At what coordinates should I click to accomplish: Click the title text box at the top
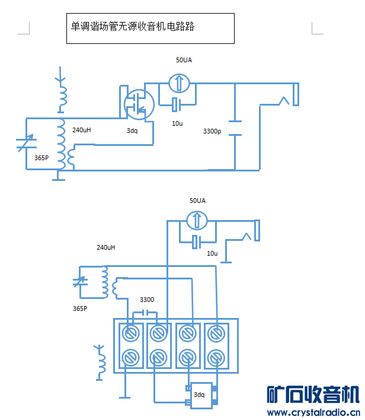point(150,28)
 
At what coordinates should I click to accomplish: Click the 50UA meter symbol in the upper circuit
point(178,82)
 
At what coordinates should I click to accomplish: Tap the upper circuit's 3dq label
point(132,131)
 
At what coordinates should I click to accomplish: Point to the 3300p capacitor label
point(212,131)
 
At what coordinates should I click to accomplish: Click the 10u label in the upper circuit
point(177,123)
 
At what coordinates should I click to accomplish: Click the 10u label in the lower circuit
point(212,253)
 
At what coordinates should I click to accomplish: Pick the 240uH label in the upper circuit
point(82,129)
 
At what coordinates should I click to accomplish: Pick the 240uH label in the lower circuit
point(105,247)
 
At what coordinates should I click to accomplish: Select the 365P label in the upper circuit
point(41,158)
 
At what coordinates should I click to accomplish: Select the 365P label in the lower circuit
point(80,308)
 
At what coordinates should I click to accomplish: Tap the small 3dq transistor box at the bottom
point(200,394)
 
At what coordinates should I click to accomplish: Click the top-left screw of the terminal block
point(130,334)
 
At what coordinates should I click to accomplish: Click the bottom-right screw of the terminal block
point(216,358)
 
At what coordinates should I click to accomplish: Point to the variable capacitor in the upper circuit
point(26,142)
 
